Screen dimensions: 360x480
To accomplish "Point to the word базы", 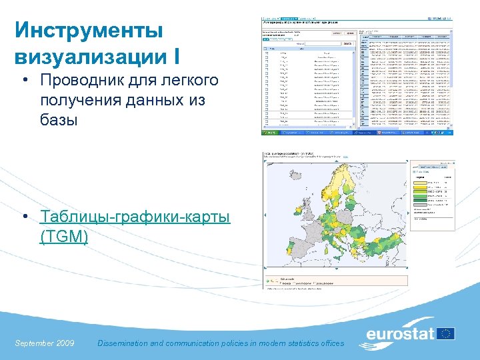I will [x=59, y=121].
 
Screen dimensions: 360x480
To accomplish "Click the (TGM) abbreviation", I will [x=64, y=236].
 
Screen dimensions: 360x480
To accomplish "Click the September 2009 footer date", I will [x=44, y=343].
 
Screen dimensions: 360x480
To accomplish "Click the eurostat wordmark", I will [x=399, y=334].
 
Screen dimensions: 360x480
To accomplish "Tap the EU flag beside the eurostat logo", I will [x=445, y=333].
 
